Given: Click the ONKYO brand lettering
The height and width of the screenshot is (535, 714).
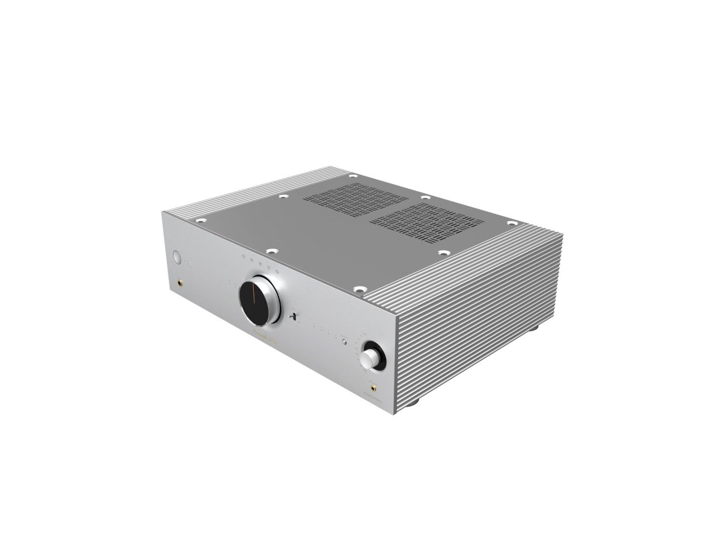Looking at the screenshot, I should pos(262,262).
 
